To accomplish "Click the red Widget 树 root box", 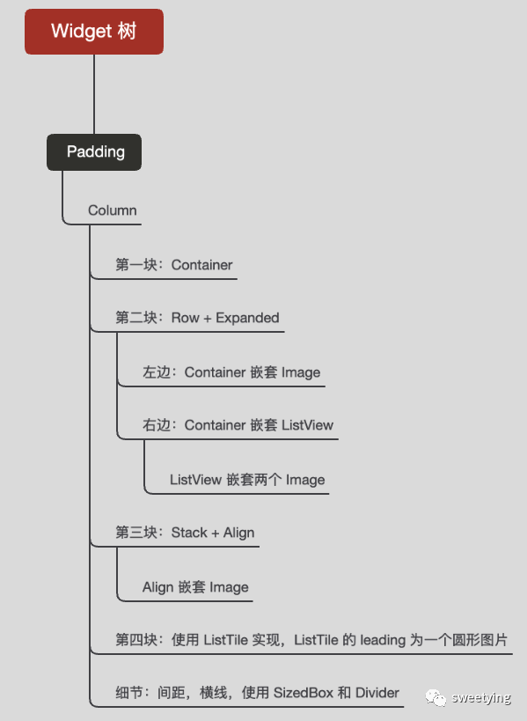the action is (x=94, y=32).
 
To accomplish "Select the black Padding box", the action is (x=94, y=152).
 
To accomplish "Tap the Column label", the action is (x=112, y=210).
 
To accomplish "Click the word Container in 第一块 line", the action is (x=201, y=265).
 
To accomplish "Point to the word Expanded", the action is (x=247, y=318).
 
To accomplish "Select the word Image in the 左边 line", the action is (x=301, y=372).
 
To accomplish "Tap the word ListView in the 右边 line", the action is (x=307, y=425).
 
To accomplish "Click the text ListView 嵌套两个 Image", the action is (x=247, y=480).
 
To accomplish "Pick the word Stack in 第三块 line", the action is (x=189, y=533).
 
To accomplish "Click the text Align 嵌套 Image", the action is (x=195, y=587).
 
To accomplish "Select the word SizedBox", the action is (x=304, y=693).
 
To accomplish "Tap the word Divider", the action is (x=377, y=693).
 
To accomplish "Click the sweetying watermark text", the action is (x=481, y=698).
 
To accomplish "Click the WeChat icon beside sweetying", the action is (x=436, y=697).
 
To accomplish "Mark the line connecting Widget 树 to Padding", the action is (x=94, y=94).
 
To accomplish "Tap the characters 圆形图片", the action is (x=479, y=640).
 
